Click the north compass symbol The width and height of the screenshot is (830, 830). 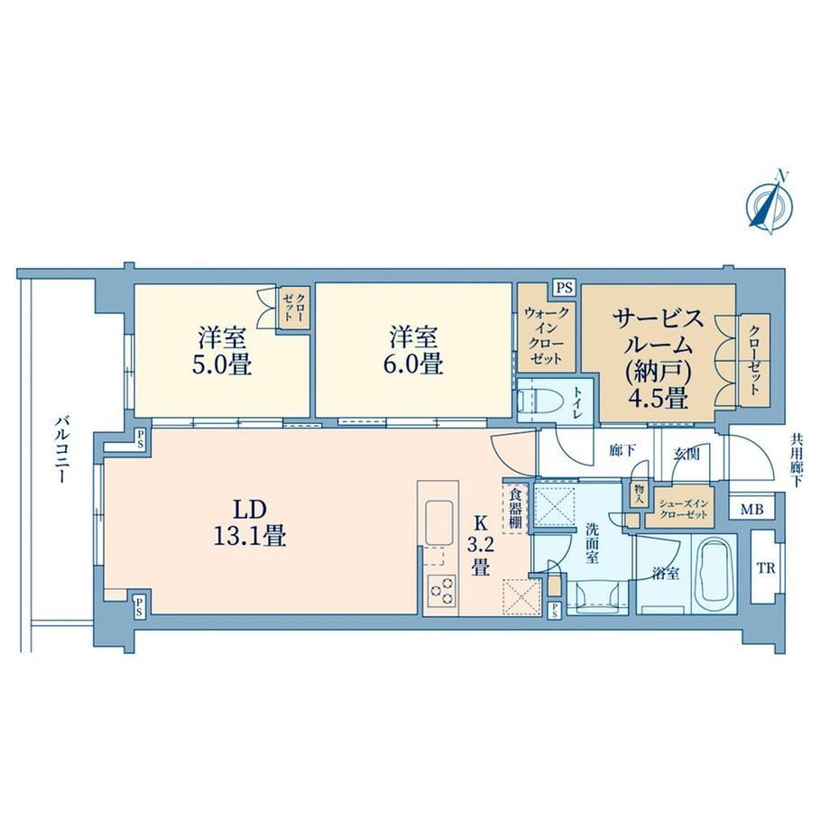coord(770,204)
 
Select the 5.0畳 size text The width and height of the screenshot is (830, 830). coord(222,364)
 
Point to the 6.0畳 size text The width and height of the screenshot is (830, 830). coord(413,364)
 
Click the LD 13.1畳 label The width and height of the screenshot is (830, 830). coord(250,523)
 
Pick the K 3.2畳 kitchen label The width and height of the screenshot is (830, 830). coord(480,546)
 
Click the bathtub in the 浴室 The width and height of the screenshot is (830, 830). coord(715,573)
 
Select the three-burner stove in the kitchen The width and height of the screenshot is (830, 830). coord(442,591)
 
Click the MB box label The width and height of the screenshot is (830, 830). coord(752,510)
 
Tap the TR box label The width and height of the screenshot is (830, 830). coord(765,568)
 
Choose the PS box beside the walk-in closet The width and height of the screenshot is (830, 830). coord(564,288)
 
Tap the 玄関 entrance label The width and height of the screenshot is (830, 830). coord(687,453)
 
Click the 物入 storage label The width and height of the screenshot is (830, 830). coord(638,496)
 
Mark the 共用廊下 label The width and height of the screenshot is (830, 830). coord(796,460)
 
